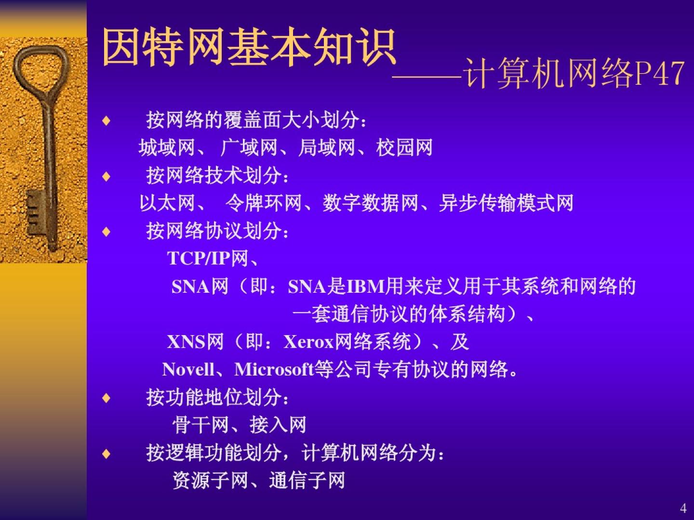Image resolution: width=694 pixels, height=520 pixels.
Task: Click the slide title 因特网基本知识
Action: [249, 47]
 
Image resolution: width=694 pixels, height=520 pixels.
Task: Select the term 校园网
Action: [404, 147]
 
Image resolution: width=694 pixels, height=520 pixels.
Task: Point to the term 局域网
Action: [327, 147]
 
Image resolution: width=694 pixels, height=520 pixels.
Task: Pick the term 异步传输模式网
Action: [506, 203]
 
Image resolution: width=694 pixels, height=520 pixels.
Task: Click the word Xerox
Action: [309, 342]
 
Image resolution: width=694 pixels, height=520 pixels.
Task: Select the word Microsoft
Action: [274, 369]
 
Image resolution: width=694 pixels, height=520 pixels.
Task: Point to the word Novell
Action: [188, 369]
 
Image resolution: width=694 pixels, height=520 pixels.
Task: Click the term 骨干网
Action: [200, 425]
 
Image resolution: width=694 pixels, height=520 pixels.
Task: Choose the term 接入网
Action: [278, 425]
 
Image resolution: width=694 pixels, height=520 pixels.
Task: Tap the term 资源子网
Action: [210, 480]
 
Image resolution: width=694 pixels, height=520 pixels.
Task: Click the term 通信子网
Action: [307, 480]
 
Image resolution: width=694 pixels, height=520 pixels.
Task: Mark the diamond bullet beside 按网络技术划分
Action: [107, 176]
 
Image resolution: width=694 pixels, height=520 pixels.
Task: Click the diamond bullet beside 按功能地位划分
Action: [107, 398]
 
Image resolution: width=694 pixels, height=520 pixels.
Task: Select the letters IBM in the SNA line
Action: [366, 286]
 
